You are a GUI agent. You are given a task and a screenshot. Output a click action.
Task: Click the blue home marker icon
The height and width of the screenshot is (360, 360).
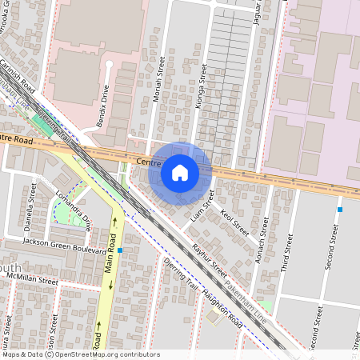180,172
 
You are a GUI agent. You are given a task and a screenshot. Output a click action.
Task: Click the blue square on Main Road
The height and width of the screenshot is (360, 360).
120,250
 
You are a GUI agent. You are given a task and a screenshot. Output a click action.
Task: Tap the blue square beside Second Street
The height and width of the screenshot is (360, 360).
340,210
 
